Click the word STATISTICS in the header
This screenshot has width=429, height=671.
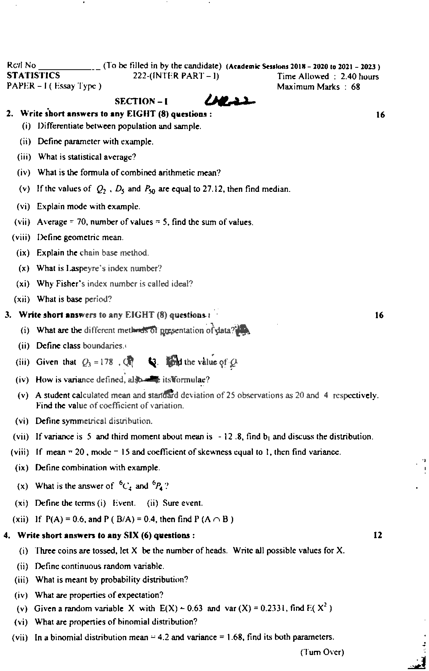click(x=33, y=76)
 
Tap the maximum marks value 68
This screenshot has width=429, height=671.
click(x=356, y=87)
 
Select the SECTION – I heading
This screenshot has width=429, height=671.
click(x=141, y=101)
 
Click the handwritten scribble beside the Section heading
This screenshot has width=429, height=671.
click(x=230, y=99)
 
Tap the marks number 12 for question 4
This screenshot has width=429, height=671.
click(x=378, y=536)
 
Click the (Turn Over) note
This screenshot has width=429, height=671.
click(x=322, y=652)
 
